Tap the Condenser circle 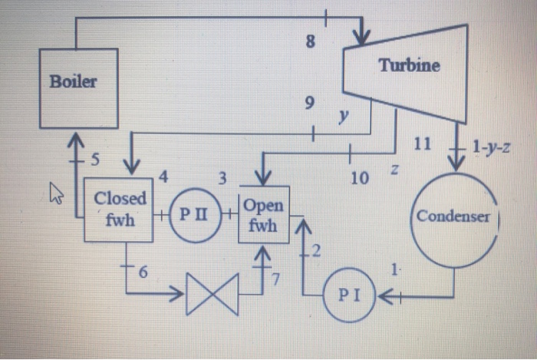click(x=453, y=216)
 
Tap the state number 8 click(x=310, y=43)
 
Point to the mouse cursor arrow click(x=57, y=193)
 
